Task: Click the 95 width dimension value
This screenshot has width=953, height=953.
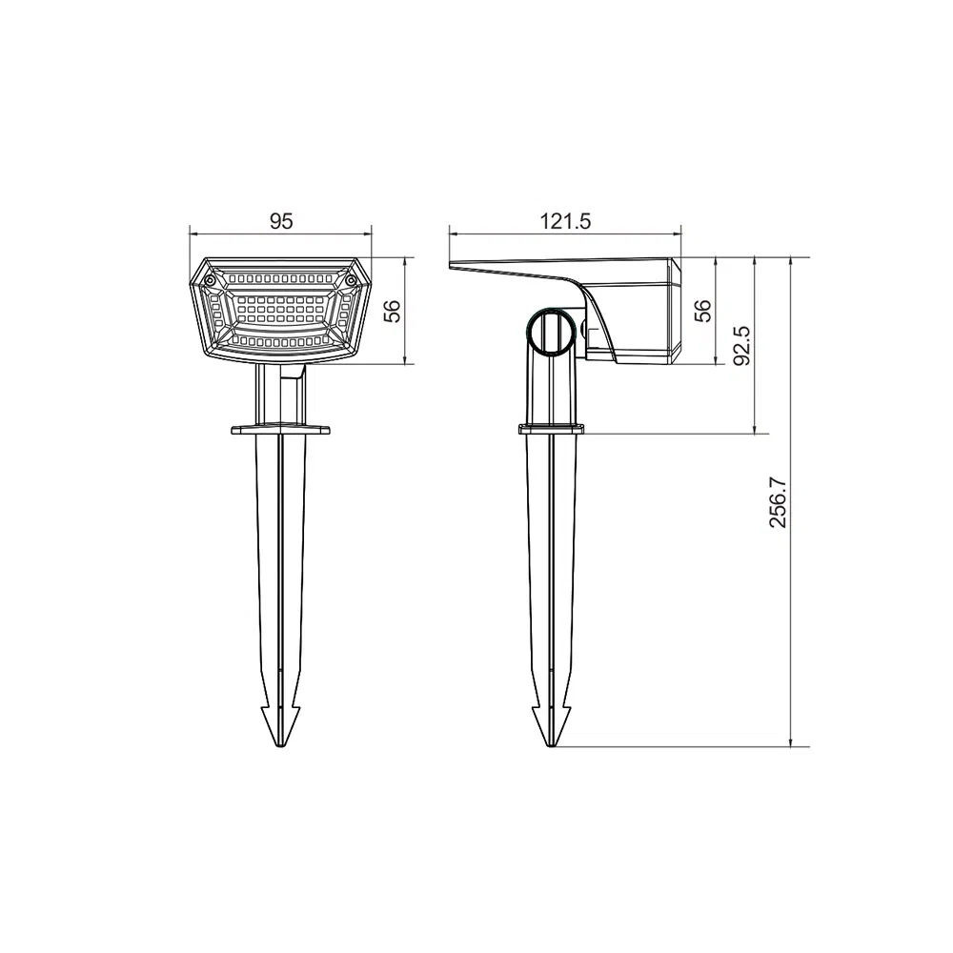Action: tap(279, 221)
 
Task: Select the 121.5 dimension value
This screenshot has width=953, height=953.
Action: tap(566, 221)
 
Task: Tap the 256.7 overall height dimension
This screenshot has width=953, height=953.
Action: tap(779, 502)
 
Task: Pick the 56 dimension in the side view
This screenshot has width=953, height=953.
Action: tap(703, 310)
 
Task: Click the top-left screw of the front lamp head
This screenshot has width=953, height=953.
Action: tap(208, 281)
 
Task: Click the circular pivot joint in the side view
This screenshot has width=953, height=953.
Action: tap(550, 331)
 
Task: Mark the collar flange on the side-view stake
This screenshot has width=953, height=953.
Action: tap(551, 429)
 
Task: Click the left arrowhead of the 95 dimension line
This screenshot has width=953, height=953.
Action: tap(193, 232)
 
